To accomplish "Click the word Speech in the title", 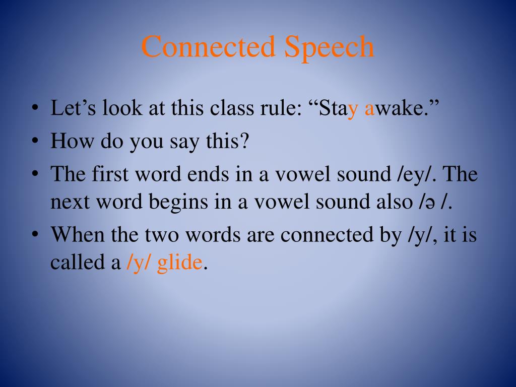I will click(x=330, y=47).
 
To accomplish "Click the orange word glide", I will click(x=179, y=262).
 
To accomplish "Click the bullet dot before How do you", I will click(x=34, y=142).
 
